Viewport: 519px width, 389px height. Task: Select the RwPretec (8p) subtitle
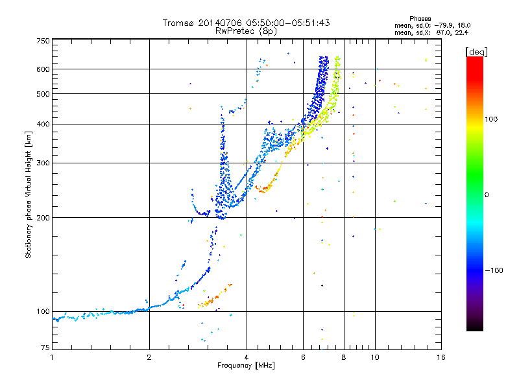(246, 31)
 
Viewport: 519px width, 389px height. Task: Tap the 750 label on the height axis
(43, 41)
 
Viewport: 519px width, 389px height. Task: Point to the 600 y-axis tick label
(43, 69)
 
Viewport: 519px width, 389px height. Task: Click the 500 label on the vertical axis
(43, 94)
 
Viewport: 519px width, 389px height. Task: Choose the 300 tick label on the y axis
(43, 163)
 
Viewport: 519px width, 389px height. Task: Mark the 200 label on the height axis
(43, 218)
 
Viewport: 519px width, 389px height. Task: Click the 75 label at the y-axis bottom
(45, 347)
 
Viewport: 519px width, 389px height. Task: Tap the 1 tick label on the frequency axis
(52, 357)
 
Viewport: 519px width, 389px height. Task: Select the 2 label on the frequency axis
(149, 357)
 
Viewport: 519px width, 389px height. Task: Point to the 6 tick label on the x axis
(303, 357)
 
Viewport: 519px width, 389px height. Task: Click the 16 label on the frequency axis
(441, 357)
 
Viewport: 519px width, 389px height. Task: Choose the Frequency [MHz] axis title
(246, 366)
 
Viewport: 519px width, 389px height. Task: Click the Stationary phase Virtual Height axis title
(28, 194)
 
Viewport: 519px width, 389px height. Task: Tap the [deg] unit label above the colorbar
(476, 52)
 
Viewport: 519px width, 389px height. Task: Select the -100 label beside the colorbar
(494, 270)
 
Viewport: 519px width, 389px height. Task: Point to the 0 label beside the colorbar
(487, 195)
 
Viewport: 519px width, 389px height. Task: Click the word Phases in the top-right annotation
(420, 19)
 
